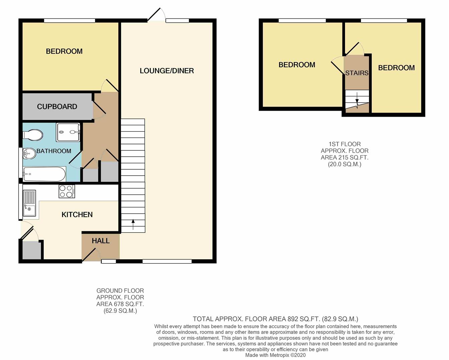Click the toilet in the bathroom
(x=33, y=135)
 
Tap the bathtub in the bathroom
(x=44, y=174)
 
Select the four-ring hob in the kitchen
(x=67, y=191)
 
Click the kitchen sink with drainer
(x=29, y=203)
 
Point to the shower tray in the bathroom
(x=68, y=132)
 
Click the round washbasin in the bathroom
(x=29, y=154)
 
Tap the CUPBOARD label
(x=57, y=107)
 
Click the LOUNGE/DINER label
(x=167, y=71)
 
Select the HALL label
(x=101, y=241)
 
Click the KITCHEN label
(x=77, y=215)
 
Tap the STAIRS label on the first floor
(x=357, y=73)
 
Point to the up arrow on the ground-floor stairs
(x=133, y=224)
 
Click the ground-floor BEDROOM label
(x=64, y=51)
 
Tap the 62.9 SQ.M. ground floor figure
(x=120, y=311)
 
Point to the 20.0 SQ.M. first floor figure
(x=344, y=164)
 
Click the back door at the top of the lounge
(x=156, y=15)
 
